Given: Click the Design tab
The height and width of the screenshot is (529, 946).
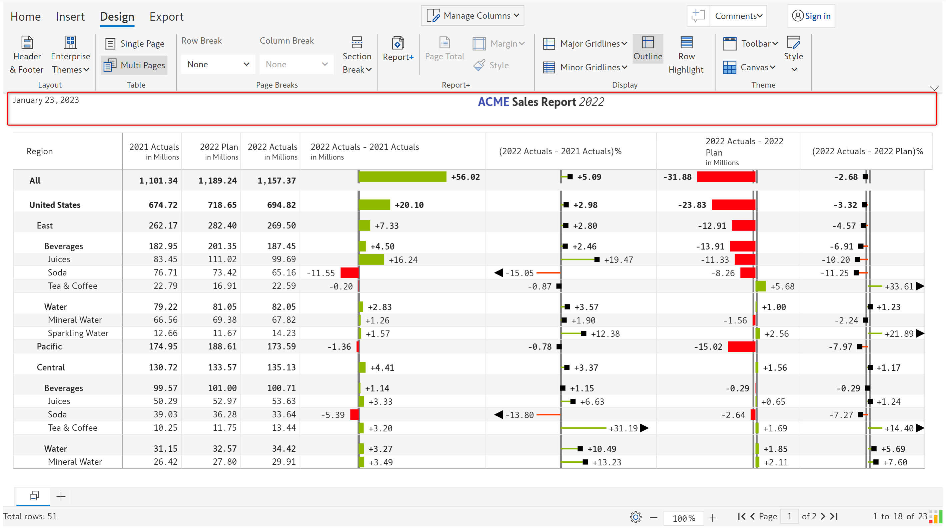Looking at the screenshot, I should tap(117, 17).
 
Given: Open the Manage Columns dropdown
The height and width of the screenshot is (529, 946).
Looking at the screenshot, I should tap(472, 16).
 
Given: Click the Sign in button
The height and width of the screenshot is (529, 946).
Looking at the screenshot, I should tap(811, 16).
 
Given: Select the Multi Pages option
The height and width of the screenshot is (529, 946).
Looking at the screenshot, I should tap(134, 65).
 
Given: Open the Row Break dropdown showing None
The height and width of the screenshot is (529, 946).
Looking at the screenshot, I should tap(218, 65).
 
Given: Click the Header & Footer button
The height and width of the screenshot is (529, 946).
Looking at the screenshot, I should tap(26, 55).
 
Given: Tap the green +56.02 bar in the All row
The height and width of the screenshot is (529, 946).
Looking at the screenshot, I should tap(402, 177).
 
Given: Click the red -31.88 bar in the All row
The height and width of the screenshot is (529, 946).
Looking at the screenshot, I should tap(726, 177).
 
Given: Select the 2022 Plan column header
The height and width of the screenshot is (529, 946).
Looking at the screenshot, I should tap(219, 151).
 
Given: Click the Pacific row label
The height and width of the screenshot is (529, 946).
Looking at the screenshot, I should tap(49, 347).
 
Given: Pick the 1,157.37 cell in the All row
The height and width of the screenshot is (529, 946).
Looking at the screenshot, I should tap(276, 181).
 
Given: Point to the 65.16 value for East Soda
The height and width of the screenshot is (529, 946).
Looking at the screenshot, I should tap(283, 272).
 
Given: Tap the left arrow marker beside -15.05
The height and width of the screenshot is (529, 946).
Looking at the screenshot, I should tap(498, 273).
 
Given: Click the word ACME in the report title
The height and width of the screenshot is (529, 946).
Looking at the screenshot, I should tap(493, 102).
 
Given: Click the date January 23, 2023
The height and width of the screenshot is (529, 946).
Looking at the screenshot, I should tap(46, 100).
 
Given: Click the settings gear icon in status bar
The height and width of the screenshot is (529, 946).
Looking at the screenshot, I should tap(635, 517).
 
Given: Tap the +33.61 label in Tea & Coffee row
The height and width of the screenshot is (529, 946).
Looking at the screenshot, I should tap(899, 286).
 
